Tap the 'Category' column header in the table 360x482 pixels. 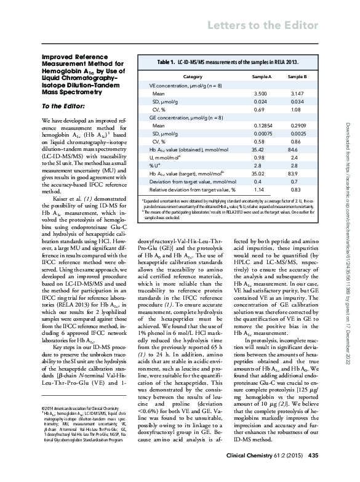(193, 76)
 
